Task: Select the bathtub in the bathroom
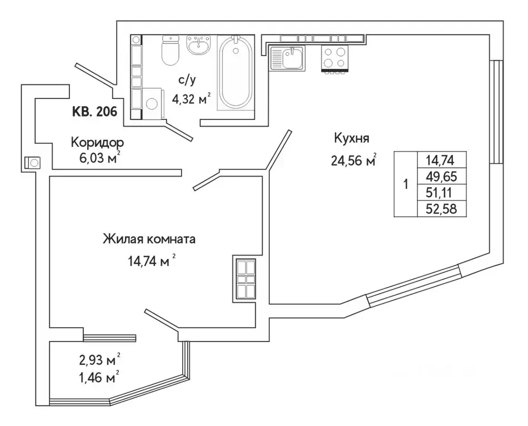coord(235,72)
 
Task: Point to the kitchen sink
coord(286,58)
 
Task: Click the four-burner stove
coord(334,58)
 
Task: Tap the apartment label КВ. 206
coord(94,112)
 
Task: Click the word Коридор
coord(97,143)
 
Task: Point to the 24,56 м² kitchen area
coord(353,161)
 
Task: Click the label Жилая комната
coord(149,240)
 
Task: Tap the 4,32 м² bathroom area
coord(187,100)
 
